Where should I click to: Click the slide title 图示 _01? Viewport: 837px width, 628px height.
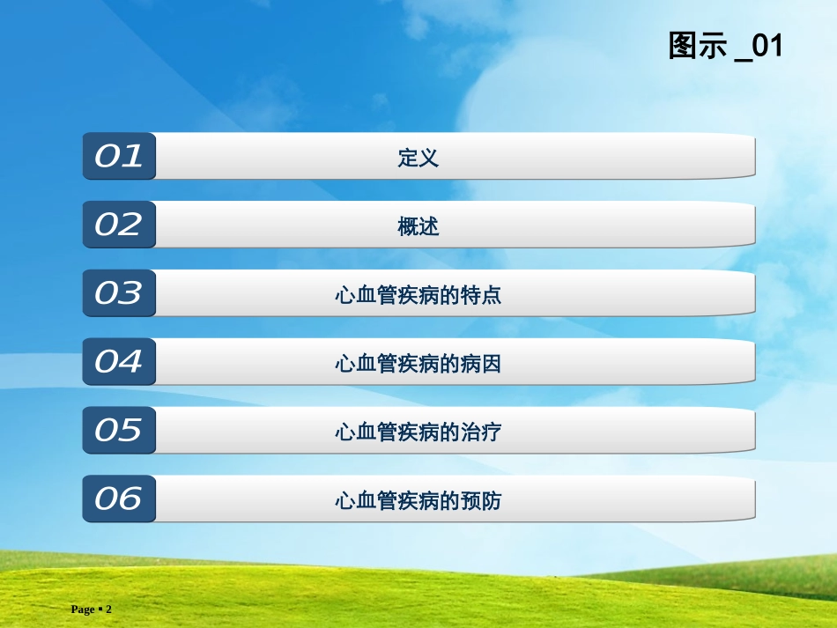click(x=725, y=46)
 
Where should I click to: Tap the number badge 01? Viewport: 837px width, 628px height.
click(x=119, y=157)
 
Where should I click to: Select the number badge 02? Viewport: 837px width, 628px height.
click(x=119, y=225)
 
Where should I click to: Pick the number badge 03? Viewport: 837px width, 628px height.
click(x=119, y=293)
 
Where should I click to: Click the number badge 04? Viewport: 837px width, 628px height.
click(x=119, y=362)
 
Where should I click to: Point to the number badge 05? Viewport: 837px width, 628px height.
click(x=119, y=431)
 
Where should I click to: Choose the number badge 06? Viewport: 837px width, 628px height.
click(x=119, y=499)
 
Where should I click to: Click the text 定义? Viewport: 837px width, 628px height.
click(x=418, y=159)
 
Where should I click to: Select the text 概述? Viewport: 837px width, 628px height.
click(x=418, y=227)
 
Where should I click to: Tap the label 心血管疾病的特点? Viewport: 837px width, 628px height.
click(x=418, y=295)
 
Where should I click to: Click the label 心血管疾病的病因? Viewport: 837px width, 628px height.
click(x=418, y=364)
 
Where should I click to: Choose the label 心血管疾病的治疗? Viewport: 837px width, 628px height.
click(x=418, y=432)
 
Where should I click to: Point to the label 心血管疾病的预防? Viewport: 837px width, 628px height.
click(x=418, y=501)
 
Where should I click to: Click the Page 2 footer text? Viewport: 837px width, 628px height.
click(x=92, y=610)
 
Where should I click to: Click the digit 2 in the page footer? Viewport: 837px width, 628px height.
click(x=109, y=610)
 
